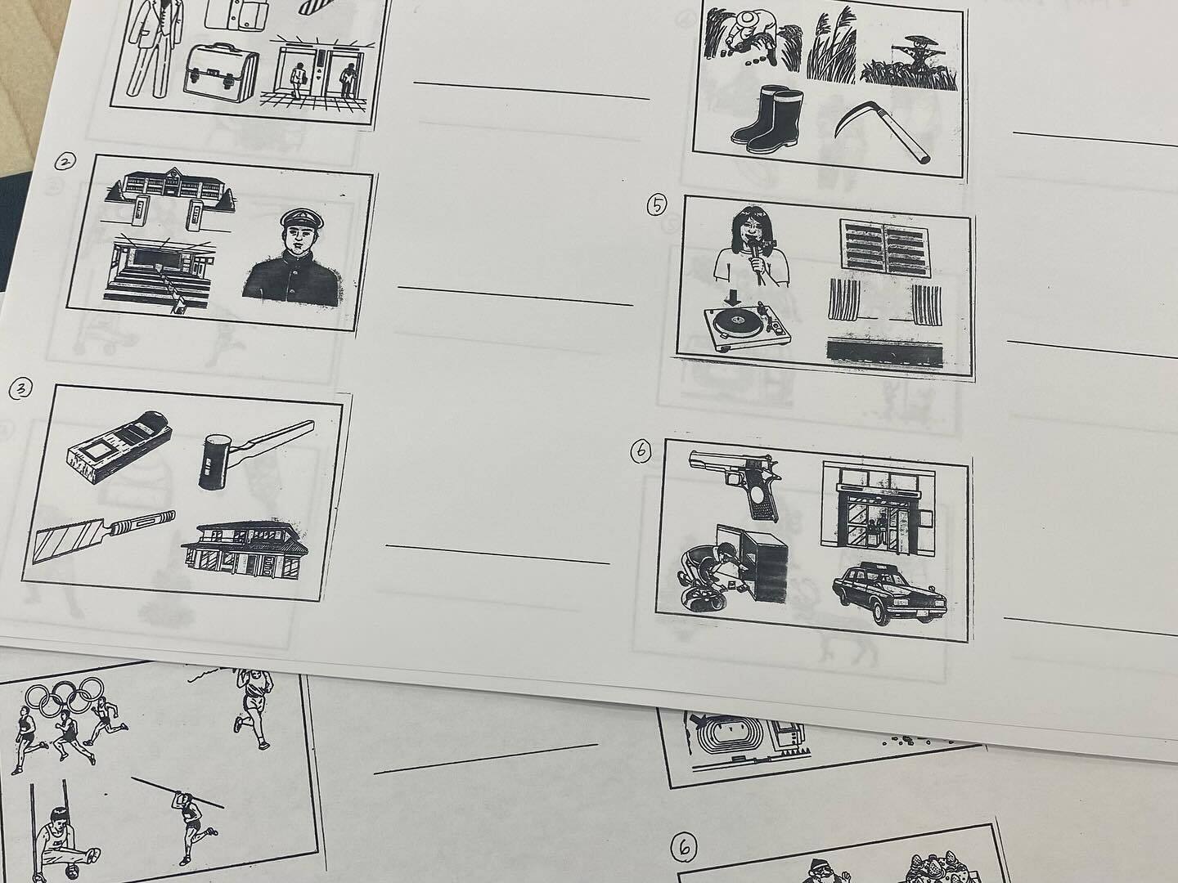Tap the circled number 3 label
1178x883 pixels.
tap(20, 389)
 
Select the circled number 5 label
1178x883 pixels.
tap(656, 204)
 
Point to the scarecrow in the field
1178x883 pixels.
tap(912, 60)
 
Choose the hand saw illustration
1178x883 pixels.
tap(102, 536)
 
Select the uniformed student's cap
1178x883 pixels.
tap(303, 219)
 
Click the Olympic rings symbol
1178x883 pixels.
tap(65, 697)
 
